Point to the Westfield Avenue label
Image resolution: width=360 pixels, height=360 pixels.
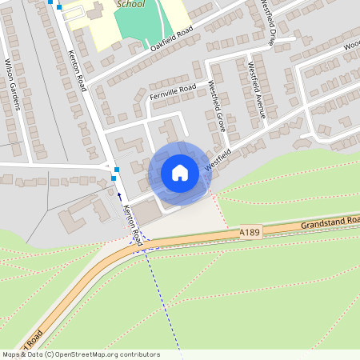(x=255, y=89)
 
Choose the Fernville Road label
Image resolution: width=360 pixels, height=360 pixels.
(x=172, y=93)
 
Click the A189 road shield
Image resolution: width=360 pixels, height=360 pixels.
(x=250, y=232)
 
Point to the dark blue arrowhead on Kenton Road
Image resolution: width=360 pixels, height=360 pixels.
(x=119, y=194)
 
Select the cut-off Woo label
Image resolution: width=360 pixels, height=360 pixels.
(x=352, y=46)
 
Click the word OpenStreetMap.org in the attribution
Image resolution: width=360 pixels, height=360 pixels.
(x=82, y=354)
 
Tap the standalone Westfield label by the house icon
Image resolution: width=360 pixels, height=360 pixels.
(x=212, y=161)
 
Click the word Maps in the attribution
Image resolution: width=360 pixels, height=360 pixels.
(x=11, y=354)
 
